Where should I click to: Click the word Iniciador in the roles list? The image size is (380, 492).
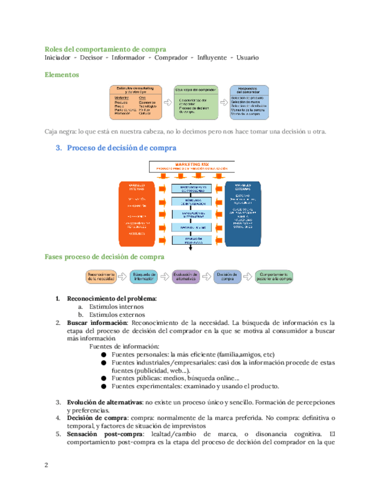57,58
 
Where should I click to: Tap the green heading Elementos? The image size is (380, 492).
62,75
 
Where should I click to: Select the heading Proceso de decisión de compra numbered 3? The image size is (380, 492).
121,148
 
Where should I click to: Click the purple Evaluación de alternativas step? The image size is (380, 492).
186,276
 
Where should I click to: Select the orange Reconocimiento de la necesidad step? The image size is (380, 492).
102,276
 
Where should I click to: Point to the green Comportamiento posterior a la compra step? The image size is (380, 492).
274,276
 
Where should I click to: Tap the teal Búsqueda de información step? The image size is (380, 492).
143,276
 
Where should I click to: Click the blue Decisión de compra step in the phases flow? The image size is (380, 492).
227,276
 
